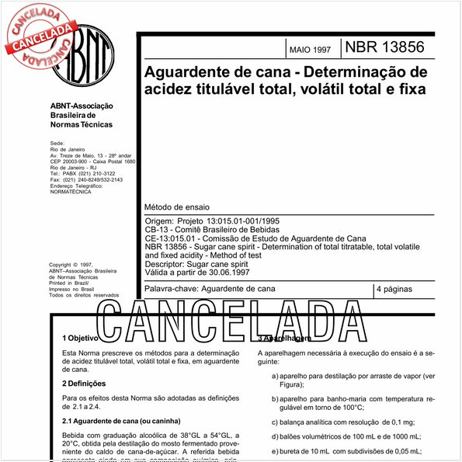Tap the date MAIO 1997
pyautogui.click(x=309, y=50)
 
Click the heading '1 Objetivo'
pyautogui.click(x=80, y=339)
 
